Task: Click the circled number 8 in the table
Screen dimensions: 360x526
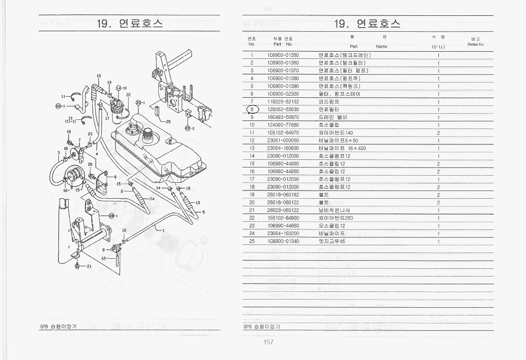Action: [253, 110]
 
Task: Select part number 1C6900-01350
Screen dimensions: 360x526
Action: [283, 55]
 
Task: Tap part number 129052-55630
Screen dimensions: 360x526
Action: [283, 110]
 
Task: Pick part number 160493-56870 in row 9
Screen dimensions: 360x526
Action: [283, 117]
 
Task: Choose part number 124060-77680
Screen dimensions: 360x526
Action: [283, 125]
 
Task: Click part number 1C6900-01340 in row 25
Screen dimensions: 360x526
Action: [283, 241]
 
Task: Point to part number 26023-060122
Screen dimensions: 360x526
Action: [283, 210]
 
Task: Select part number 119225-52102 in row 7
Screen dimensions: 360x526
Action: [283, 102]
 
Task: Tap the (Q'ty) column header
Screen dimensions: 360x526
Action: [438, 47]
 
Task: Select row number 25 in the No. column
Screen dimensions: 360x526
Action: [252, 241]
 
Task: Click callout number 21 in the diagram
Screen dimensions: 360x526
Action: [89, 266]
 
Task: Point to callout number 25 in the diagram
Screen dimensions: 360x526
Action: [168, 122]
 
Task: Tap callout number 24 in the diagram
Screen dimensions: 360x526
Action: [152, 198]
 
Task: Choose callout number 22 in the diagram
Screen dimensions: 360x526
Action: [128, 95]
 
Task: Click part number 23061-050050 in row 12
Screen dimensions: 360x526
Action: [283, 140]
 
